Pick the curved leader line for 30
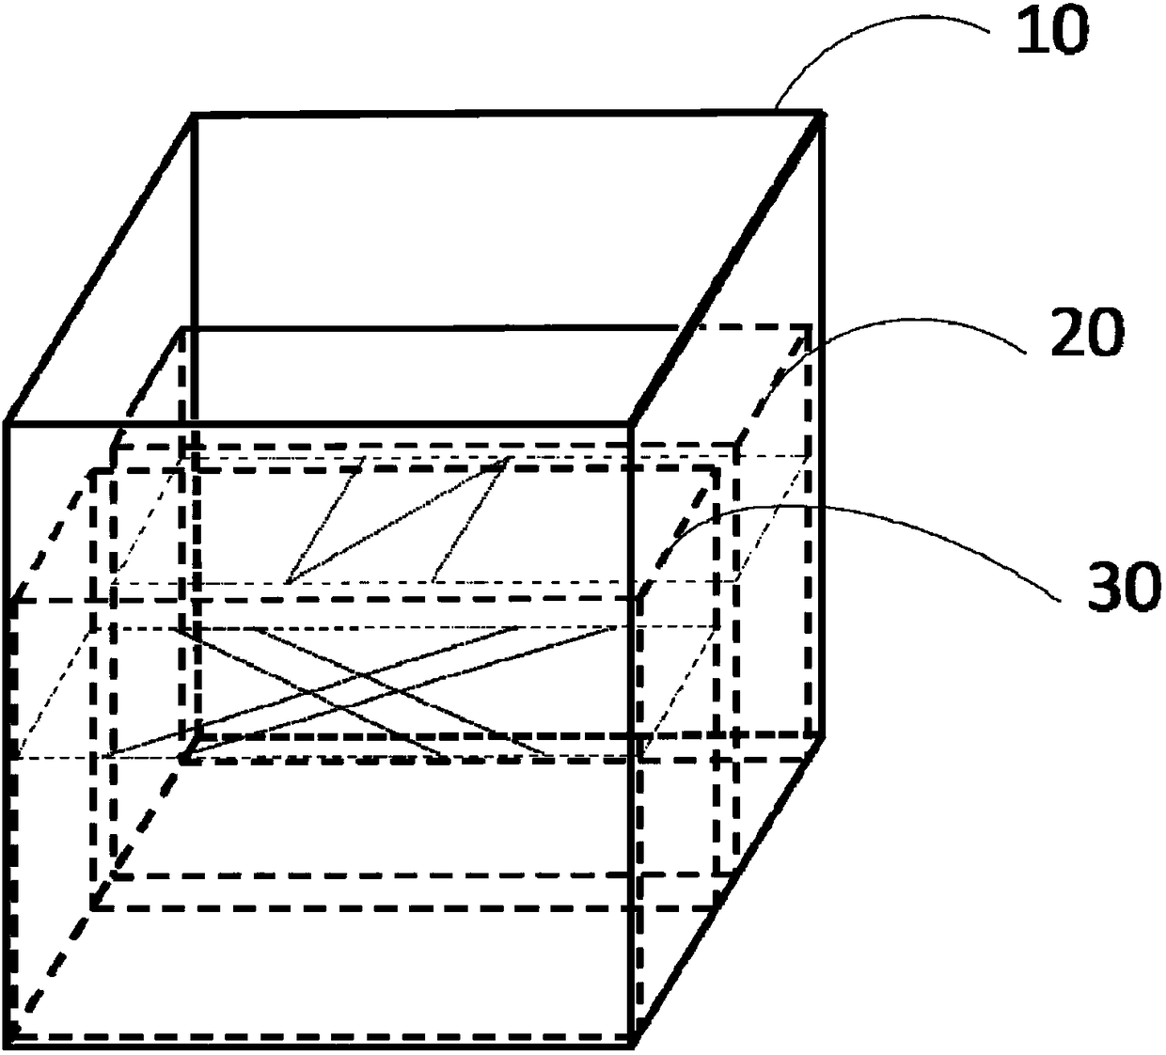(x=846, y=512)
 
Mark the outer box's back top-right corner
(x=825, y=114)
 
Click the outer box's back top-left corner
(x=193, y=115)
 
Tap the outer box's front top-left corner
(x=8, y=425)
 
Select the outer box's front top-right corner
(x=633, y=425)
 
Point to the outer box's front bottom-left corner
(x=9, y=1038)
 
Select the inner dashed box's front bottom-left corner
(x=95, y=907)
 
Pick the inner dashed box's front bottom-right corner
(x=717, y=907)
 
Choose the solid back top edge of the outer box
(x=508, y=114)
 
